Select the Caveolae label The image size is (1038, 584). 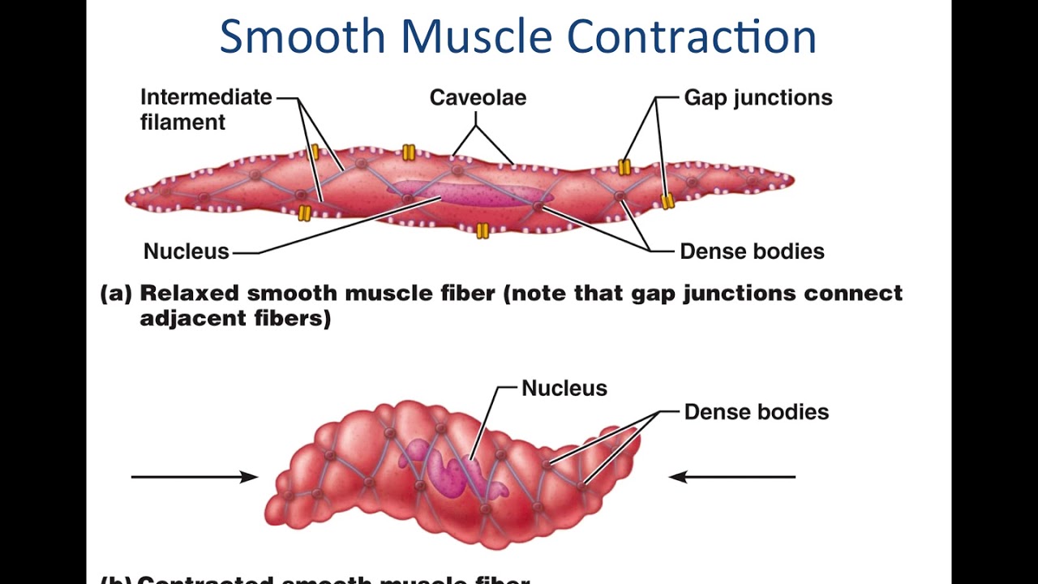[478, 98]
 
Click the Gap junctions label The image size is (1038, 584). [757, 98]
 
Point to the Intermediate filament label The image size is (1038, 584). [205, 109]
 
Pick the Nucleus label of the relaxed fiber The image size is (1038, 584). [186, 251]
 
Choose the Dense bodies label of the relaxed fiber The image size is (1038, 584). [752, 251]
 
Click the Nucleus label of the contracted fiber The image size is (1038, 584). [564, 389]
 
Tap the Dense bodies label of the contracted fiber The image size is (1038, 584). [756, 412]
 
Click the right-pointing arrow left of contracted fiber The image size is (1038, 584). [195, 477]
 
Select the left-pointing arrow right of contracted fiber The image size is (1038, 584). [732, 477]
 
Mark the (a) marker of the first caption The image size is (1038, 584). [115, 294]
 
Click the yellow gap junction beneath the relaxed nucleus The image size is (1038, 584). [483, 231]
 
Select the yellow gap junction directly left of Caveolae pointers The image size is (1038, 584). [409, 152]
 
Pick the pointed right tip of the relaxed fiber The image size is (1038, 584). [790, 179]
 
